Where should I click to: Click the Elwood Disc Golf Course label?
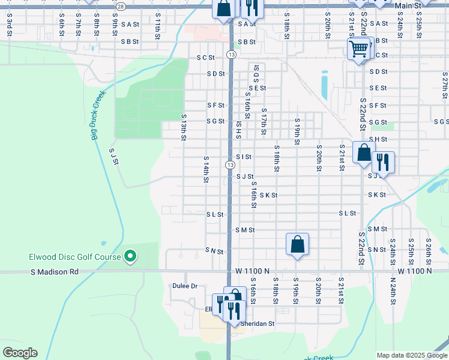click(x=74, y=257)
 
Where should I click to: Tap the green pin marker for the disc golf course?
click(x=130, y=257)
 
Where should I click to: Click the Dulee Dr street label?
click(x=185, y=286)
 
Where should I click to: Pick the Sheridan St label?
click(x=257, y=323)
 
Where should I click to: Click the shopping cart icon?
click(x=358, y=48)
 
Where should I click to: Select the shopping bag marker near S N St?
click(x=297, y=244)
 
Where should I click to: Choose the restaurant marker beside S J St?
click(x=382, y=162)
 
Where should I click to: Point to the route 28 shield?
click(x=121, y=6)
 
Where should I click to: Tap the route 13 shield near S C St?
click(x=231, y=55)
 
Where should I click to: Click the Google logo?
click(x=20, y=353)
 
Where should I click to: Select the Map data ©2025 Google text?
click(x=411, y=355)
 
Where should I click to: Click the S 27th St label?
click(x=444, y=85)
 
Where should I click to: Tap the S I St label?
click(x=244, y=157)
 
